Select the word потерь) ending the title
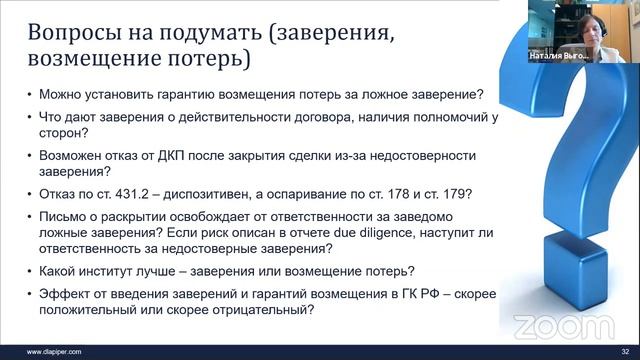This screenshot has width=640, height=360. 207,59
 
